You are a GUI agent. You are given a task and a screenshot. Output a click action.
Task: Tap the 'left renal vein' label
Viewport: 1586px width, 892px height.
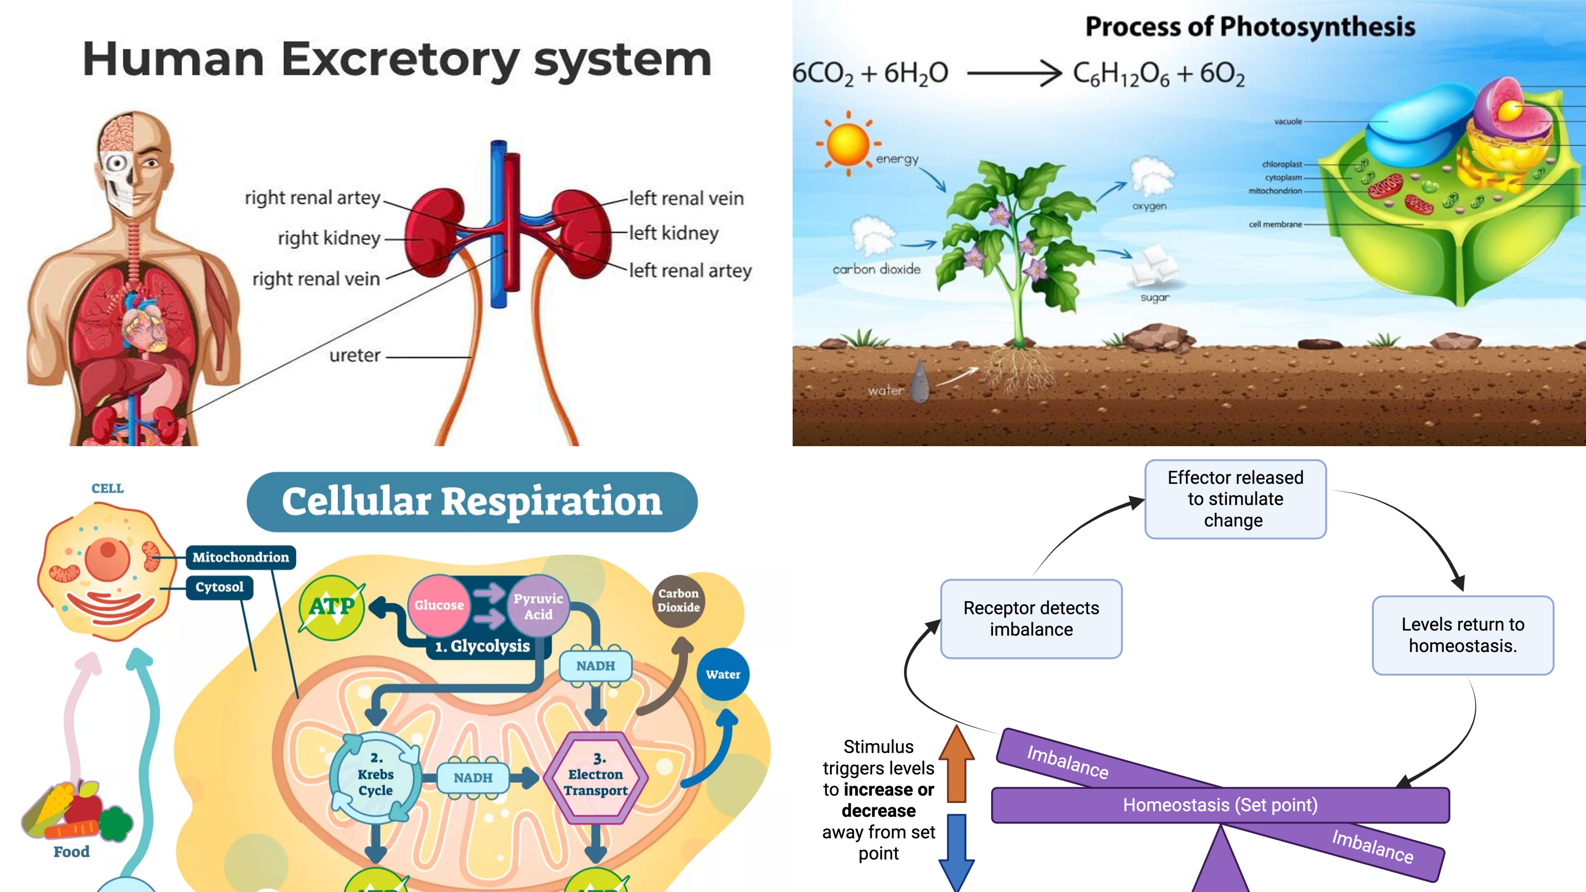pos(686,198)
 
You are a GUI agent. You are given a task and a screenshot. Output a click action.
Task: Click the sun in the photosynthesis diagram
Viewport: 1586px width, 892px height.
pos(848,143)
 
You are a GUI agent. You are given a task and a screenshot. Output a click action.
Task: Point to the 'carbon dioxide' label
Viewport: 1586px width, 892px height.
pos(876,269)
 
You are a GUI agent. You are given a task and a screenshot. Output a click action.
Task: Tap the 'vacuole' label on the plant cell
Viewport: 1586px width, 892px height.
pos(1288,121)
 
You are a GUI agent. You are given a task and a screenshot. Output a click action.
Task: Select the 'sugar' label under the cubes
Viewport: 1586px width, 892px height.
pos(1155,297)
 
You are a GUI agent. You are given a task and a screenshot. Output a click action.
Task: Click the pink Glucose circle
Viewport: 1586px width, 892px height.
pos(438,605)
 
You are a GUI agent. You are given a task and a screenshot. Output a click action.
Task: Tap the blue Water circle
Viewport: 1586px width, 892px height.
pos(723,674)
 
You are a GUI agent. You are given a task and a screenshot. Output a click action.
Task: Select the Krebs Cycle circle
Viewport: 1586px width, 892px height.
pos(376,775)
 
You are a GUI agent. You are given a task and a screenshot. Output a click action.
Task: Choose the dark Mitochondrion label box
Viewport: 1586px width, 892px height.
pos(240,557)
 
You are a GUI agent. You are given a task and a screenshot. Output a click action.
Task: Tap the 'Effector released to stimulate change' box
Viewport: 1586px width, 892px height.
pos(1235,499)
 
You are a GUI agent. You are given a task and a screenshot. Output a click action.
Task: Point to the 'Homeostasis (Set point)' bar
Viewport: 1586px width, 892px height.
pos(1220,804)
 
